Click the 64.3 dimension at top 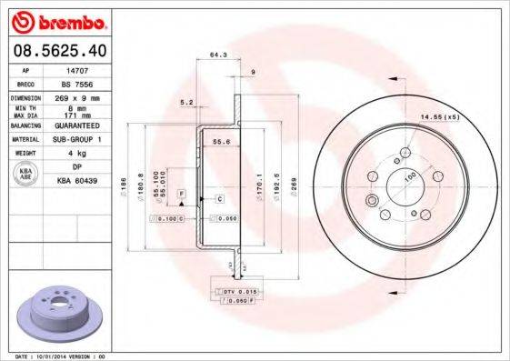[x=217, y=55]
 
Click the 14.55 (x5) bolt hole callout [x=436, y=117]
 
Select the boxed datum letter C [x=220, y=197]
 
